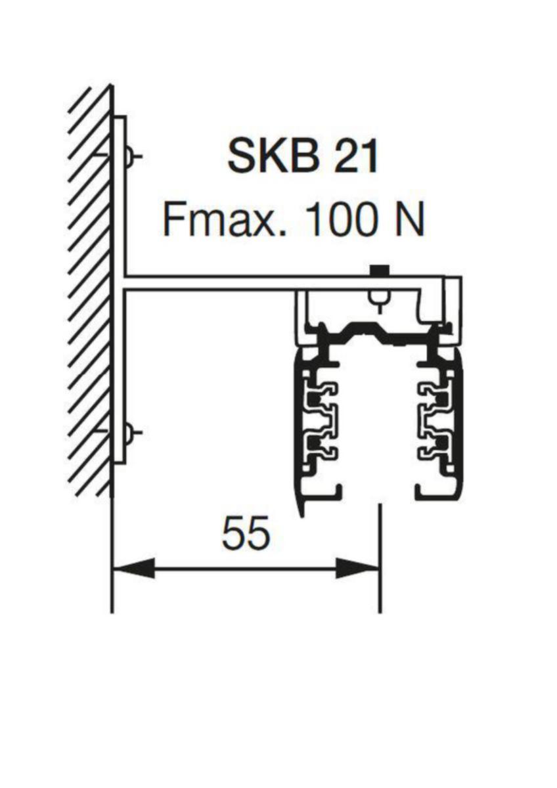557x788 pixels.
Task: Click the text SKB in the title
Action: tap(274, 157)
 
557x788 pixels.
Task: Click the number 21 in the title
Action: tap(355, 157)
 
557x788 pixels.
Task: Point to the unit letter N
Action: tap(411, 221)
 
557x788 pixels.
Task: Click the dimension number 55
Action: tap(246, 538)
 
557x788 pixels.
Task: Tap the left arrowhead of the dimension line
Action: tap(134, 576)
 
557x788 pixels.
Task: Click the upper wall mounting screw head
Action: tap(129, 156)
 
